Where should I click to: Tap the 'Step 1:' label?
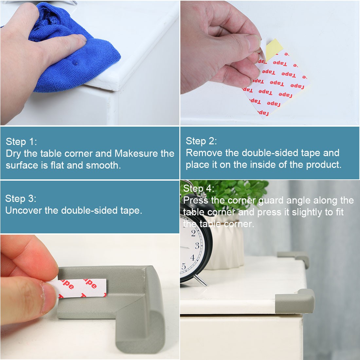click(x=21, y=142)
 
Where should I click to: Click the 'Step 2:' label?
click(x=201, y=141)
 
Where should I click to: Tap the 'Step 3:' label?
click(x=21, y=199)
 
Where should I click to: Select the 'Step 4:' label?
click(x=199, y=188)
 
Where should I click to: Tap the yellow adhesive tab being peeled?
click(x=273, y=49)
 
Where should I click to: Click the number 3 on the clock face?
click(x=197, y=246)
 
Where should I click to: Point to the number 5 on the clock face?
click(x=184, y=266)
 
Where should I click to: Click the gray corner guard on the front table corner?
click(x=295, y=301)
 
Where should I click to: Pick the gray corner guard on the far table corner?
click(x=295, y=257)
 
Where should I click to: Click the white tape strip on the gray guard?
click(x=78, y=288)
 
